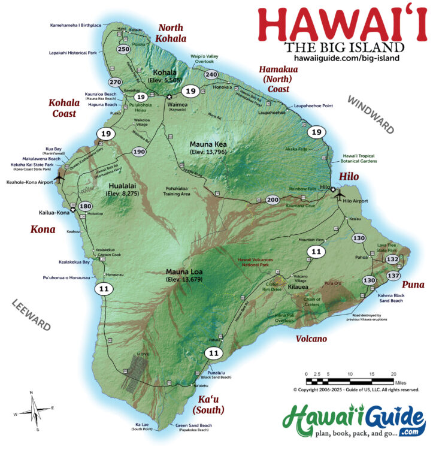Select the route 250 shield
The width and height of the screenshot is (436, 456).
124,49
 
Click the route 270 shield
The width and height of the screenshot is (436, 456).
116,82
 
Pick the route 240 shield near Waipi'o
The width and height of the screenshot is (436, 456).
211,74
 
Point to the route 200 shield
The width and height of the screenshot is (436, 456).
272,200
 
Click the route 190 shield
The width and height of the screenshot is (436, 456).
139,152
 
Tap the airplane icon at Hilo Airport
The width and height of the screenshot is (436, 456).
340,195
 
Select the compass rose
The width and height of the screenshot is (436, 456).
34,411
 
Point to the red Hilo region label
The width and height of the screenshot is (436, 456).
349,176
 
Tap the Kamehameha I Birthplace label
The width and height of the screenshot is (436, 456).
75,25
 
